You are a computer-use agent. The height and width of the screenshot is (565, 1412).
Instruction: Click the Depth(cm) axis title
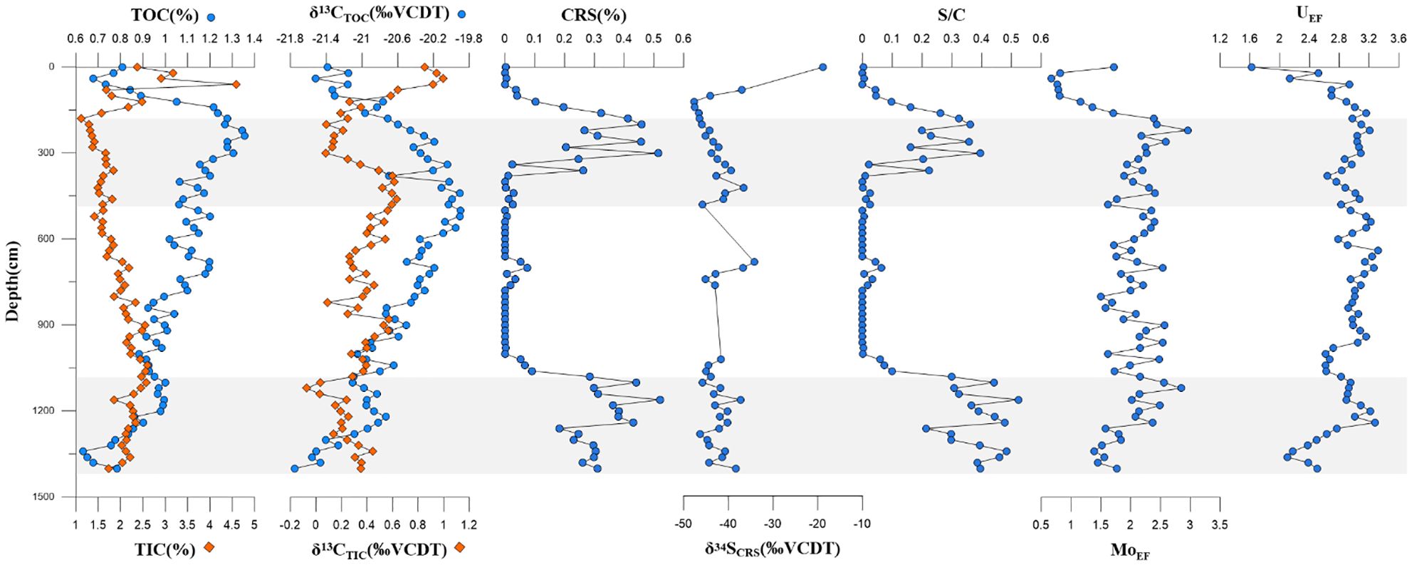click(x=12, y=281)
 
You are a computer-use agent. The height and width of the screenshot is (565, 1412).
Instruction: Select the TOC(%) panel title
click(x=164, y=16)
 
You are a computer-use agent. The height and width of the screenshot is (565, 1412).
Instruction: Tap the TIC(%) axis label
click(x=164, y=550)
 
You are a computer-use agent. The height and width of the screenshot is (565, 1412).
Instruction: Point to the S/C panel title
click(x=951, y=16)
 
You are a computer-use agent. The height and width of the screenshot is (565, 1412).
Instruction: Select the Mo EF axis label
click(x=1130, y=551)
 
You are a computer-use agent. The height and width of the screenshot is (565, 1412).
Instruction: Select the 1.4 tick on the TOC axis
click(x=254, y=38)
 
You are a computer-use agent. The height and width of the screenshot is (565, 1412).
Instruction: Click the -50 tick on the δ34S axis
click(x=684, y=524)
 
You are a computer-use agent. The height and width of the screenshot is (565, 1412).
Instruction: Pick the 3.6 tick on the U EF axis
click(x=1398, y=38)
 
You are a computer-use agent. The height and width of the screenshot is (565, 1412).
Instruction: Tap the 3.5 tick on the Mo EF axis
click(x=1220, y=524)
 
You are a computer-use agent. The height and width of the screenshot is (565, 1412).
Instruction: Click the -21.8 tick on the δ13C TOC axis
click(x=291, y=38)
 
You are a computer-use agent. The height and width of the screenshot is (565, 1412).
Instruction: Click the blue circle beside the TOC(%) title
click(x=211, y=16)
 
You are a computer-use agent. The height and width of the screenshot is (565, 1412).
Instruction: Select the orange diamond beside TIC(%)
click(x=209, y=548)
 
